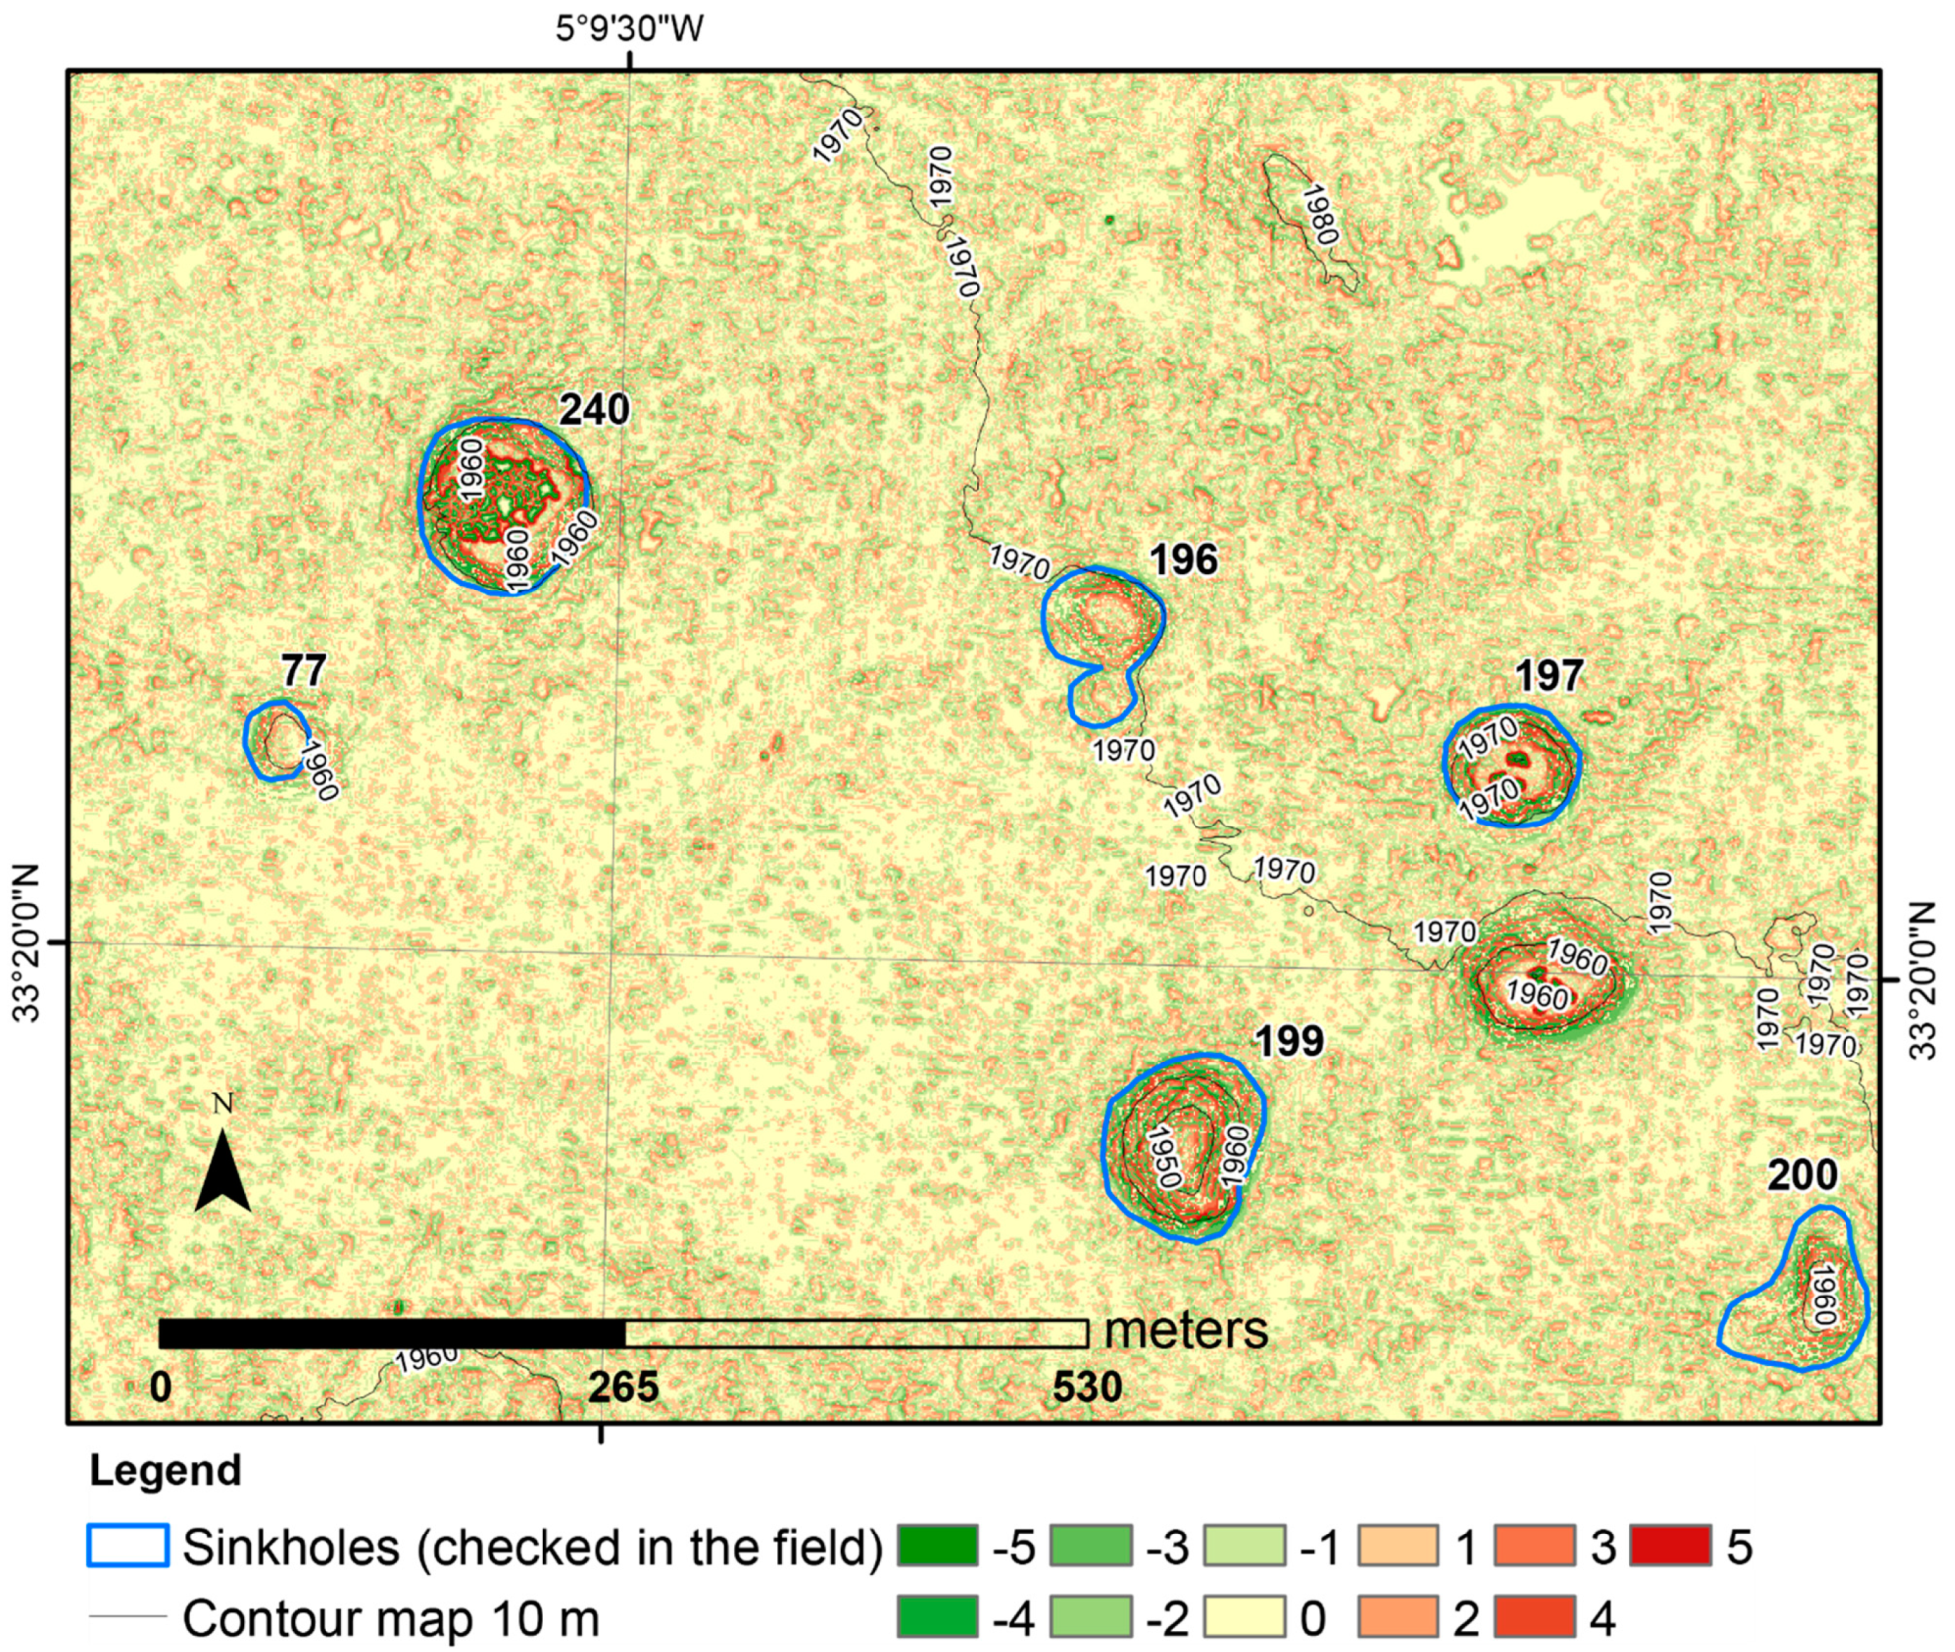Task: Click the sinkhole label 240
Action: (594, 409)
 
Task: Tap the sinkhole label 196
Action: (1183, 560)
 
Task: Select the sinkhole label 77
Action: (303, 670)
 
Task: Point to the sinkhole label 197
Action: (1548, 676)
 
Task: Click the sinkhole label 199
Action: (1289, 1041)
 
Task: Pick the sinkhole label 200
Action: (1802, 1175)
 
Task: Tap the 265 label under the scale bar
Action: (623, 1387)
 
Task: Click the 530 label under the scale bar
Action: (1087, 1387)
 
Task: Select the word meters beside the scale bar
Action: (1186, 1330)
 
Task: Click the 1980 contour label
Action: (1319, 215)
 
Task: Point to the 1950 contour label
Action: (1163, 1156)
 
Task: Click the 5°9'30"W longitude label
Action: (629, 28)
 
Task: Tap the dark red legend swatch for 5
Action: (1670, 1544)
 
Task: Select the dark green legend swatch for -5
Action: (937, 1544)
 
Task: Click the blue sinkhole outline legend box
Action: (127, 1544)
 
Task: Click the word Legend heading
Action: (165, 1471)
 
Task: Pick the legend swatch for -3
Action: (1090, 1544)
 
